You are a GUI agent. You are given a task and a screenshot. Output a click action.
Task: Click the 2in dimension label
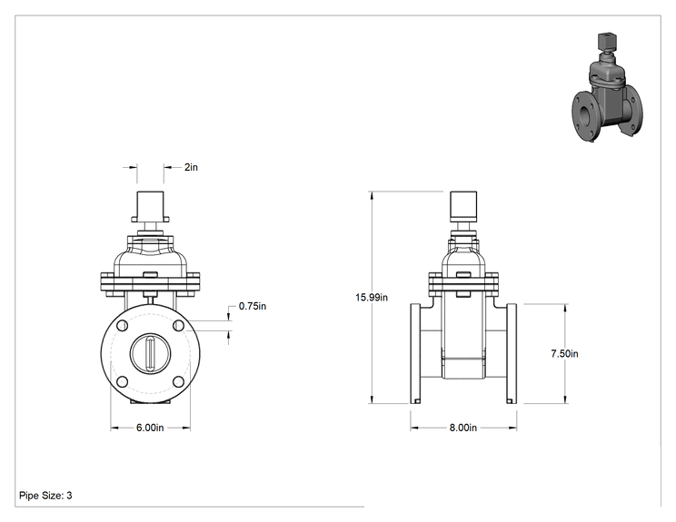(191, 167)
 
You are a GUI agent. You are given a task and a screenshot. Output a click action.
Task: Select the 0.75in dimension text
(253, 306)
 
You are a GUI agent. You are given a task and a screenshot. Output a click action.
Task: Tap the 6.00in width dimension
(150, 428)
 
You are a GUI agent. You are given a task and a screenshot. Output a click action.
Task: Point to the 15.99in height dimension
(372, 297)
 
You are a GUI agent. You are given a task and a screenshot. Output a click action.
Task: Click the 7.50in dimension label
(564, 354)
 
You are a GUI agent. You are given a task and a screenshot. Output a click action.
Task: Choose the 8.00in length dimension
(463, 428)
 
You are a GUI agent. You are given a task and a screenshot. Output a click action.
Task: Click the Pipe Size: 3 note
(45, 496)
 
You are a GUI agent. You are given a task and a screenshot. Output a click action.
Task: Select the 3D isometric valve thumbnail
(608, 87)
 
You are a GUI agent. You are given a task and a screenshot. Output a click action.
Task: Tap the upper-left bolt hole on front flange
(122, 326)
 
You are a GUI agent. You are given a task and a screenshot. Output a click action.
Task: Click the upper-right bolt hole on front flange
(178, 326)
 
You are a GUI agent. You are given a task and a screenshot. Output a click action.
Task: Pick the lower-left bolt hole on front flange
(122, 381)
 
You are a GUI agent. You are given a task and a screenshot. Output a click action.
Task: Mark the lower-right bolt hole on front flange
(178, 381)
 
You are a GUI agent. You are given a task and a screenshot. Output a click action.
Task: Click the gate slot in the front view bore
(150, 354)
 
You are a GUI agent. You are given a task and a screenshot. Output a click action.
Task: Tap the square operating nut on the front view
(150, 206)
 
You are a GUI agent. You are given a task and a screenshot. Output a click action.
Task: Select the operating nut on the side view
(463, 206)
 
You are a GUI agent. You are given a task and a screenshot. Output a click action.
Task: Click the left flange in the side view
(415, 354)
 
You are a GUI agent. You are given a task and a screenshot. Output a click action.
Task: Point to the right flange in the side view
(512, 354)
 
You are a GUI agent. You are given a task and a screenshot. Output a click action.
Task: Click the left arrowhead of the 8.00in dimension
(414, 428)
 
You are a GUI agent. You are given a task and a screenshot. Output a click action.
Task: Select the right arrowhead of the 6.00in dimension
(186, 428)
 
